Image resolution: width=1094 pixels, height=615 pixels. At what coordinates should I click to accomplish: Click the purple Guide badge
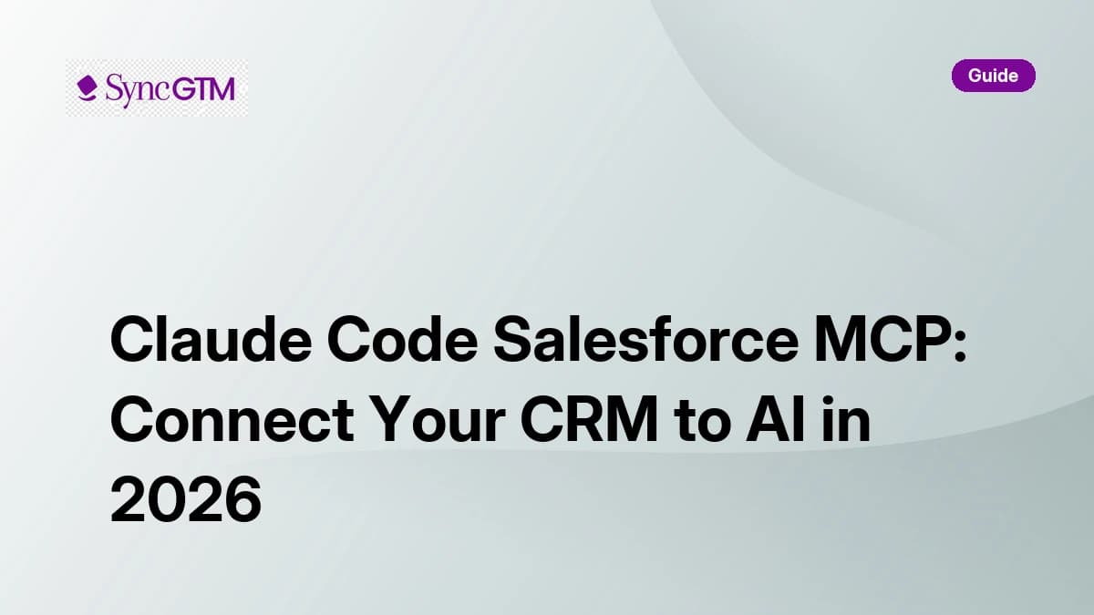pos(993,76)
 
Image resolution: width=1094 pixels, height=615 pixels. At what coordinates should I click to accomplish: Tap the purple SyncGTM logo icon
pos(88,88)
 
